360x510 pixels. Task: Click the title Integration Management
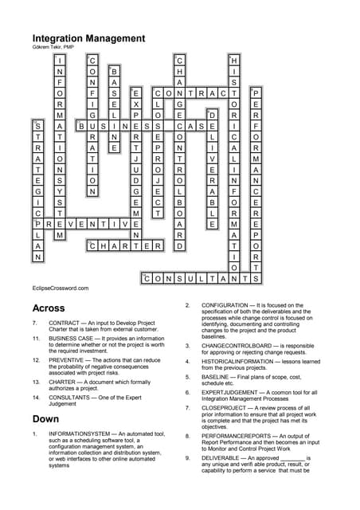[88, 37]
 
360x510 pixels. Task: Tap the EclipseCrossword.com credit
[61, 288]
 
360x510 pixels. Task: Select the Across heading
[49, 308]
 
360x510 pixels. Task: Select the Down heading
[46, 418]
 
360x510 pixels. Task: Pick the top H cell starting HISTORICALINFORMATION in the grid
[234, 60]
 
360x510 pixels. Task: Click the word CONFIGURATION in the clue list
[229, 305]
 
